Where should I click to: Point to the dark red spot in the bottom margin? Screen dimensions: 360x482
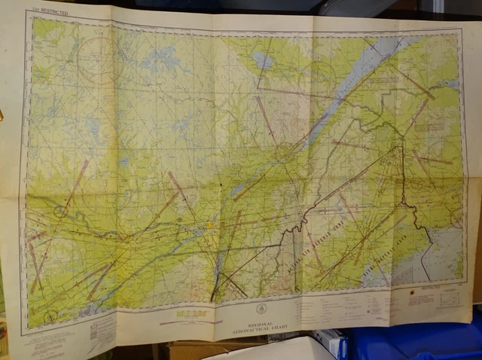click(x=413, y=289)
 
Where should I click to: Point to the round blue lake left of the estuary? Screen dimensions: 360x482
click(x=262, y=59)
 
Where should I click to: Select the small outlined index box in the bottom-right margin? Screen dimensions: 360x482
click(x=451, y=298)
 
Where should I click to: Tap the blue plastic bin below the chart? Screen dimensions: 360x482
click(x=422, y=343)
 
